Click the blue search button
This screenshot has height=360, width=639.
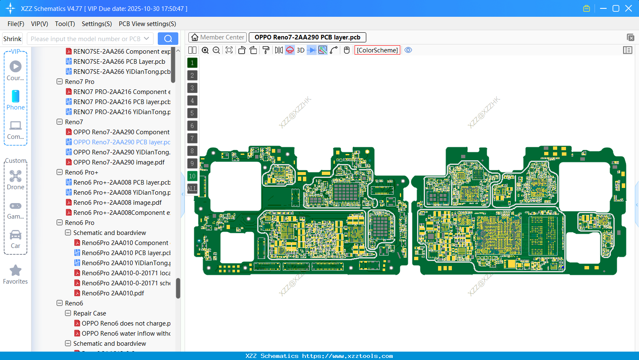point(168,39)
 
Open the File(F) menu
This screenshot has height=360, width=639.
point(16,24)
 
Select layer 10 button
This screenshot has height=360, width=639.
point(192,176)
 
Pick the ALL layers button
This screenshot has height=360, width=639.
point(192,189)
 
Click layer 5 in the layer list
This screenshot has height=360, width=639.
point(192,113)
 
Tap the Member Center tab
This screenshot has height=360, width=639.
point(218,37)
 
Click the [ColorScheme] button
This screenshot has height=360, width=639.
point(377,50)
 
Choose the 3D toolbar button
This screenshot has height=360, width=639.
point(300,50)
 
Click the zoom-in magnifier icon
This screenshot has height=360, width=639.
point(205,50)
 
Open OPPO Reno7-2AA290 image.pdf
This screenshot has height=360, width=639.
point(119,162)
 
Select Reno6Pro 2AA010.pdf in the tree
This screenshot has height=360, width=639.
point(113,293)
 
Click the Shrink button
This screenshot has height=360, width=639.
point(12,39)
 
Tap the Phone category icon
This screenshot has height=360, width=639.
point(16,96)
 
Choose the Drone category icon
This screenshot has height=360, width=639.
point(16,176)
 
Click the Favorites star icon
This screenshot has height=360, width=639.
point(16,271)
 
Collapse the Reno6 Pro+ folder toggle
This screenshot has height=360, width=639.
point(60,172)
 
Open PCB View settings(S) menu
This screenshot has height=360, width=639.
point(147,24)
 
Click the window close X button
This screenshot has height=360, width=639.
point(629,8)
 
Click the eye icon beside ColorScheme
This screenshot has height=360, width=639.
point(408,50)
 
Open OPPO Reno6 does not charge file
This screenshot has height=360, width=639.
point(126,323)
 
